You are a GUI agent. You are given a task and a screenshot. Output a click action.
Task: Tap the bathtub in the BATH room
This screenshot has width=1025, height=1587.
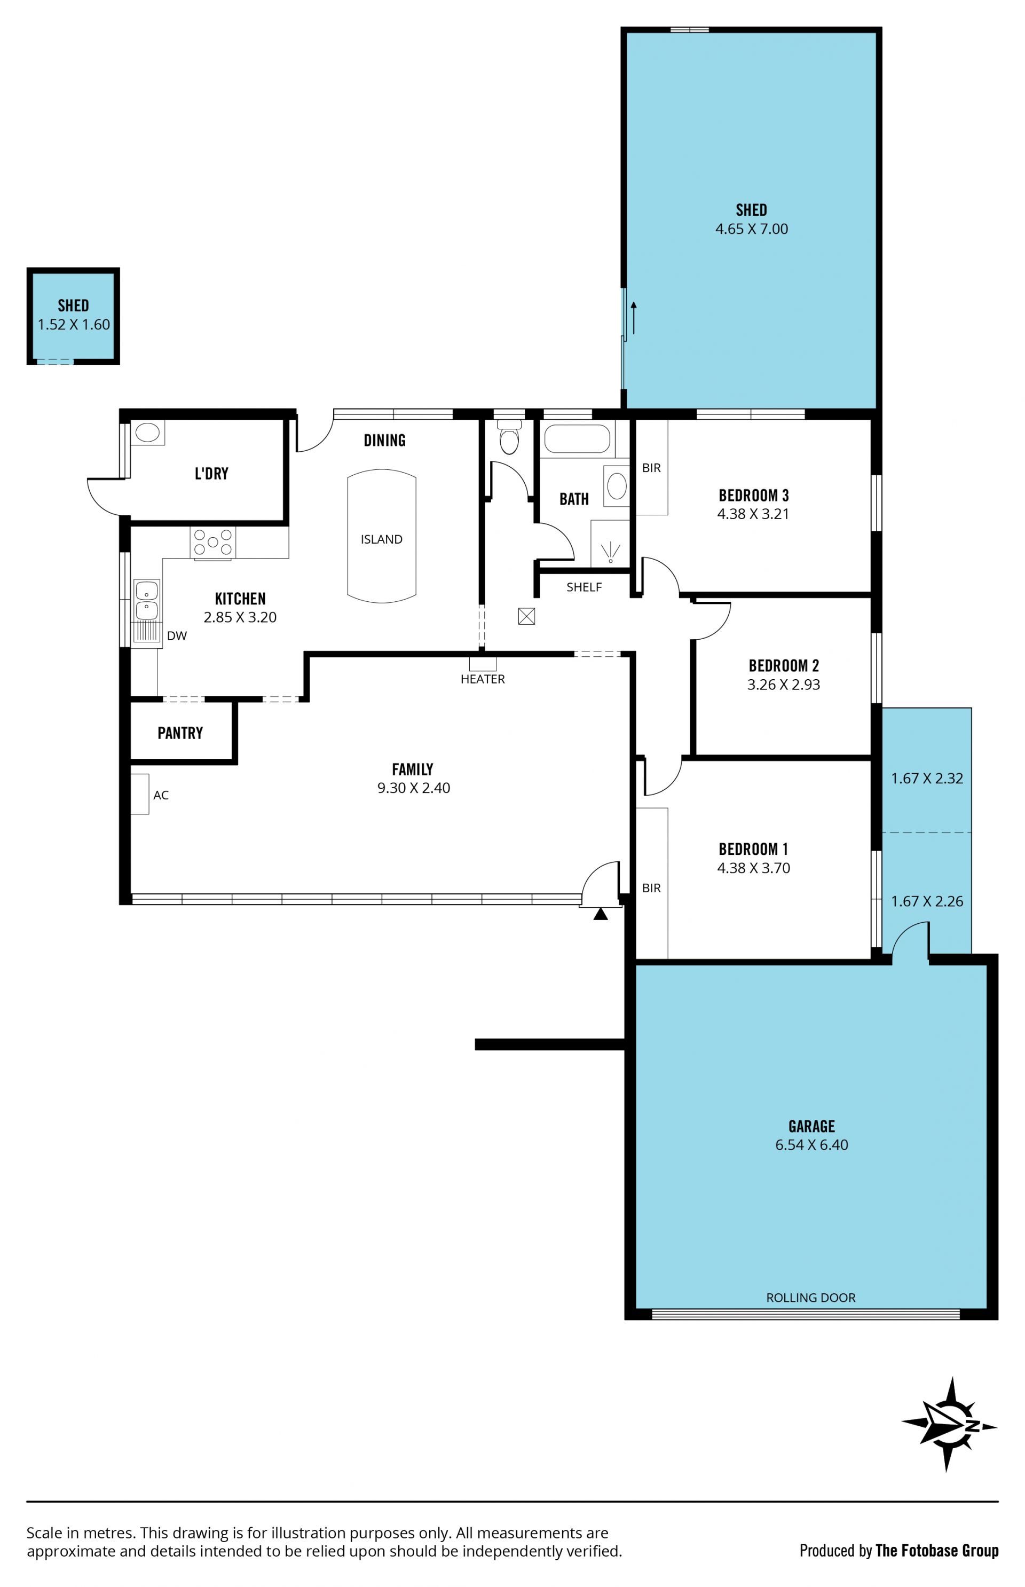click(x=577, y=439)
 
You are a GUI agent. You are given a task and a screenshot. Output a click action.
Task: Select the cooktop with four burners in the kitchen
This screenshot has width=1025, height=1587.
click(x=212, y=543)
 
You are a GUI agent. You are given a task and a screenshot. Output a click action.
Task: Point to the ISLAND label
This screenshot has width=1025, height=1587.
click(x=381, y=539)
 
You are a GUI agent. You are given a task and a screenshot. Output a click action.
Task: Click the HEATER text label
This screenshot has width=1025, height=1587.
click(x=483, y=679)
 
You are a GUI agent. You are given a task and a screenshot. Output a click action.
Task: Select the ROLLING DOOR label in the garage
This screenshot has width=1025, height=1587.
click(x=811, y=1298)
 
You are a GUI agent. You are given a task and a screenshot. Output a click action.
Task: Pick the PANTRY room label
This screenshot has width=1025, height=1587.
click(x=180, y=733)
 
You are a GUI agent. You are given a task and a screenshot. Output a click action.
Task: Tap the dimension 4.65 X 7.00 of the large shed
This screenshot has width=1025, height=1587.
click(x=752, y=229)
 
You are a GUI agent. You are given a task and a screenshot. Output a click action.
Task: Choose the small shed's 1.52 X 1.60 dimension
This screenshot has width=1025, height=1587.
click(x=73, y=325)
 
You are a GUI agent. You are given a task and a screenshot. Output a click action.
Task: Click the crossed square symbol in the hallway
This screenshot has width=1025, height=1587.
click(x=526, y=616)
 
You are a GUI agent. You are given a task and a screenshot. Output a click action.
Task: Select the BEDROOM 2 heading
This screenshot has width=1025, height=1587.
click(x=783, y=666)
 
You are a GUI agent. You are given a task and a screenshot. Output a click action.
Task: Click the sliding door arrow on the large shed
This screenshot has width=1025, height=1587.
click(x=634, y=318)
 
